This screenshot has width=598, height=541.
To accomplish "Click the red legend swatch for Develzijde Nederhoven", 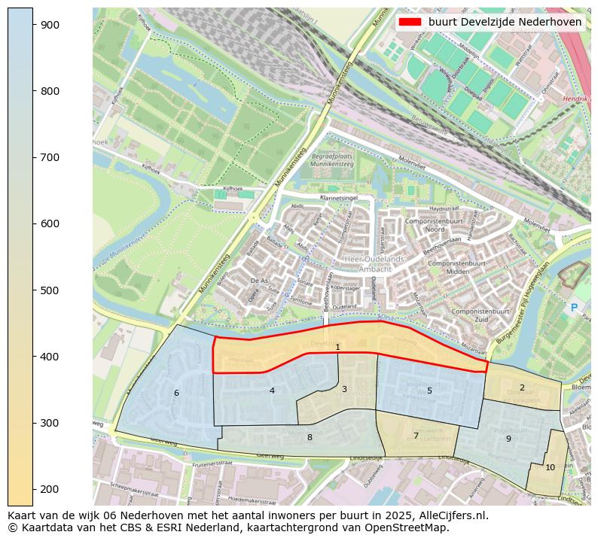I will click(x=410, y=23).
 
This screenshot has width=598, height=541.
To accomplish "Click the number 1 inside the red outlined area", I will click(x=337, y=347).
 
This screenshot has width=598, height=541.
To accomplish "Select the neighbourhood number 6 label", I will click(x=176, y=393).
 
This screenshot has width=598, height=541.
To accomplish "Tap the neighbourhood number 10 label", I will click(x=550, y=467).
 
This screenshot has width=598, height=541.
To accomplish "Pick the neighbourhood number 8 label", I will click(x=310, y=437).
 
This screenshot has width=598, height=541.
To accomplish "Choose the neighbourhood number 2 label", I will click(x=522, y=388).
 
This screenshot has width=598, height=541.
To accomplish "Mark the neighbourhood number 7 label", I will click(x=416, y=436).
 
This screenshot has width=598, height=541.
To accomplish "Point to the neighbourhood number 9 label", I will click(x=508, y=439).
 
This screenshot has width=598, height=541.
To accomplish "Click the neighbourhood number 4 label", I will click(x=272, y=391).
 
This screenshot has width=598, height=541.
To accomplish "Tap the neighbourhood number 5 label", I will click(x=429, y=391).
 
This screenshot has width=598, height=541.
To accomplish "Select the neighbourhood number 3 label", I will click(x=344, y=389).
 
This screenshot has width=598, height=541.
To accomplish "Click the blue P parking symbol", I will click(x=574, y=307).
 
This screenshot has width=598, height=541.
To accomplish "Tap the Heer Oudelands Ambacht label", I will click(x=374, y=264).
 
